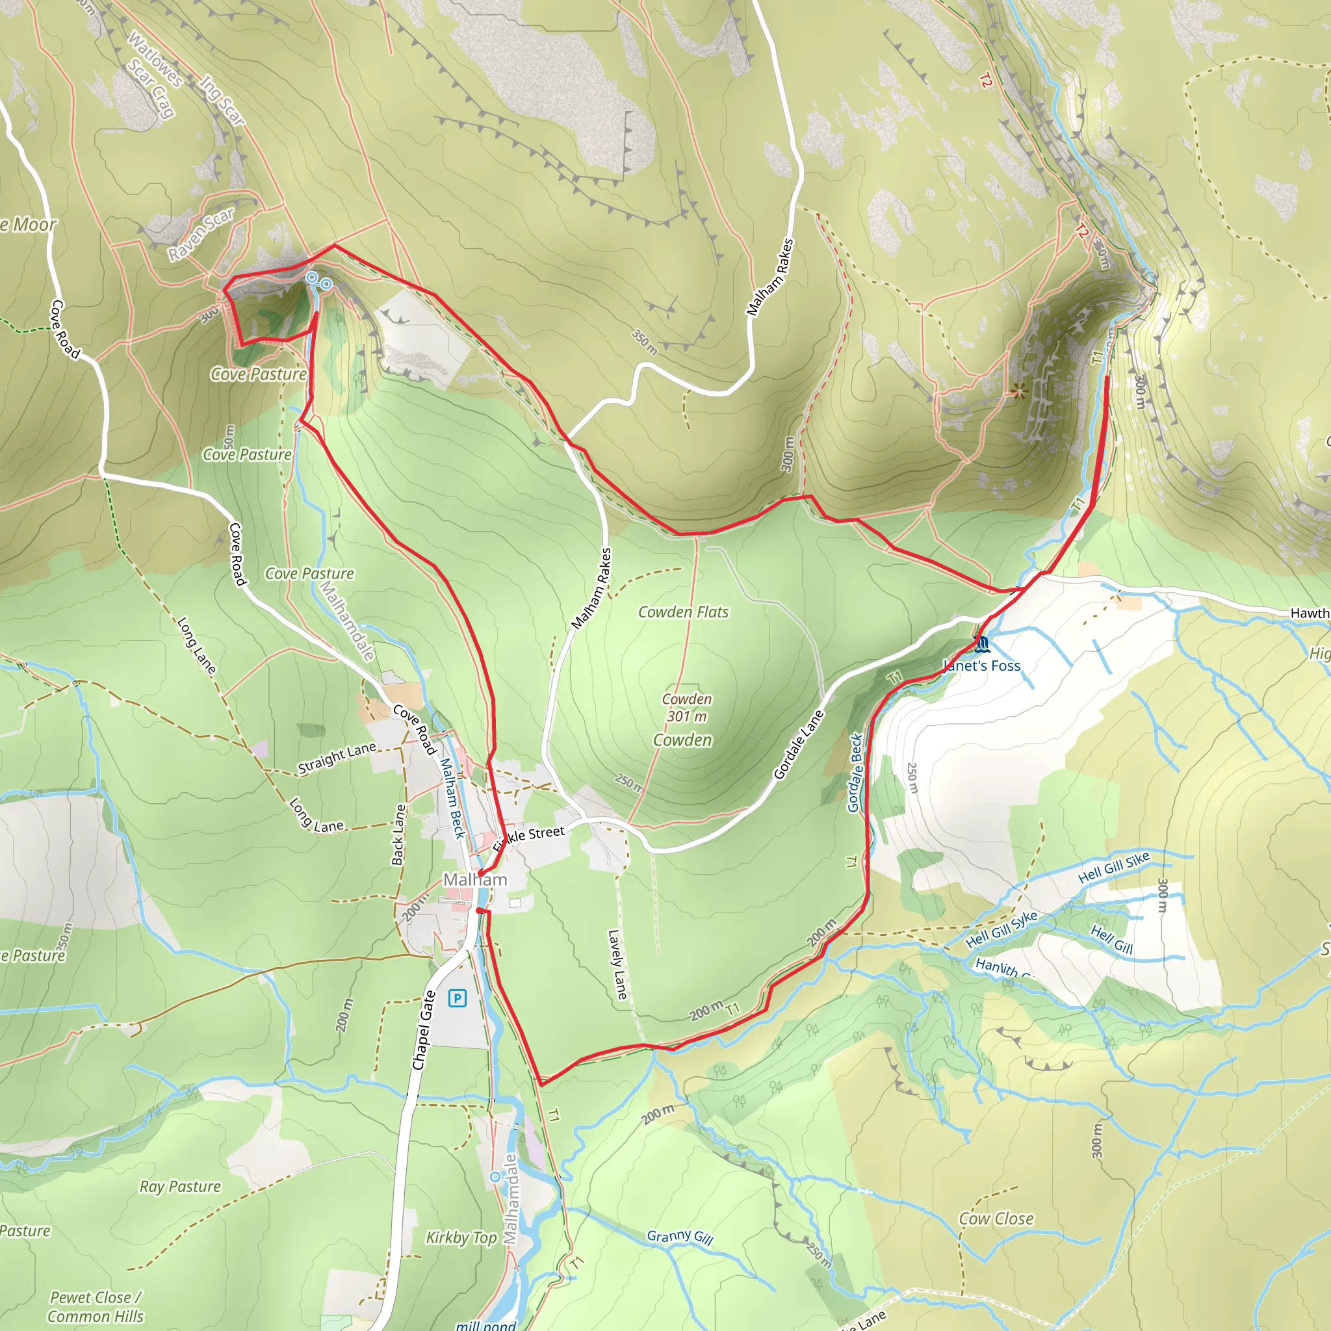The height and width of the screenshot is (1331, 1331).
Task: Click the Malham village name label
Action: tap(474, 880)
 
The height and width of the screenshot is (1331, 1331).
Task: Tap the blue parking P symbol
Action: tap(457, 997)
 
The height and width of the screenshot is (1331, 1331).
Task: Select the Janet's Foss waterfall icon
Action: tap(983, 645)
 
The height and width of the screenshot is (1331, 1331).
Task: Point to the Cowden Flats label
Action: tap(683, 612)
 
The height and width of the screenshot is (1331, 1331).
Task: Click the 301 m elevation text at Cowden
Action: tap(686, 716)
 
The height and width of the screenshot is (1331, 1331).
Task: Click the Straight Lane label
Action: tap(337, 758)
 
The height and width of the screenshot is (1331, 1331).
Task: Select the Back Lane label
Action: tap(399, 834)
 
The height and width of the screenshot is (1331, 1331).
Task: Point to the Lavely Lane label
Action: tap(617, 964)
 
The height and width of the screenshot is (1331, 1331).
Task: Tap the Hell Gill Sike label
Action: tap(1113, 867)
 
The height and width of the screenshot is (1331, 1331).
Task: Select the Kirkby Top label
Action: tap(461, 1237)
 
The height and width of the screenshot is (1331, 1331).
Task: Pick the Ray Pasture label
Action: tap(180, 1186)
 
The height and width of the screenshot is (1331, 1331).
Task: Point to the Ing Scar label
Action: tap(222, 101)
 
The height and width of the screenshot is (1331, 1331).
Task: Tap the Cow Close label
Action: tap(996, 1219)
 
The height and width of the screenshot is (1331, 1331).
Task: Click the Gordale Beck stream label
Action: tap(855, 772)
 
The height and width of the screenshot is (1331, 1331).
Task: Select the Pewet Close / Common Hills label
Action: tap(96, 1307)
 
